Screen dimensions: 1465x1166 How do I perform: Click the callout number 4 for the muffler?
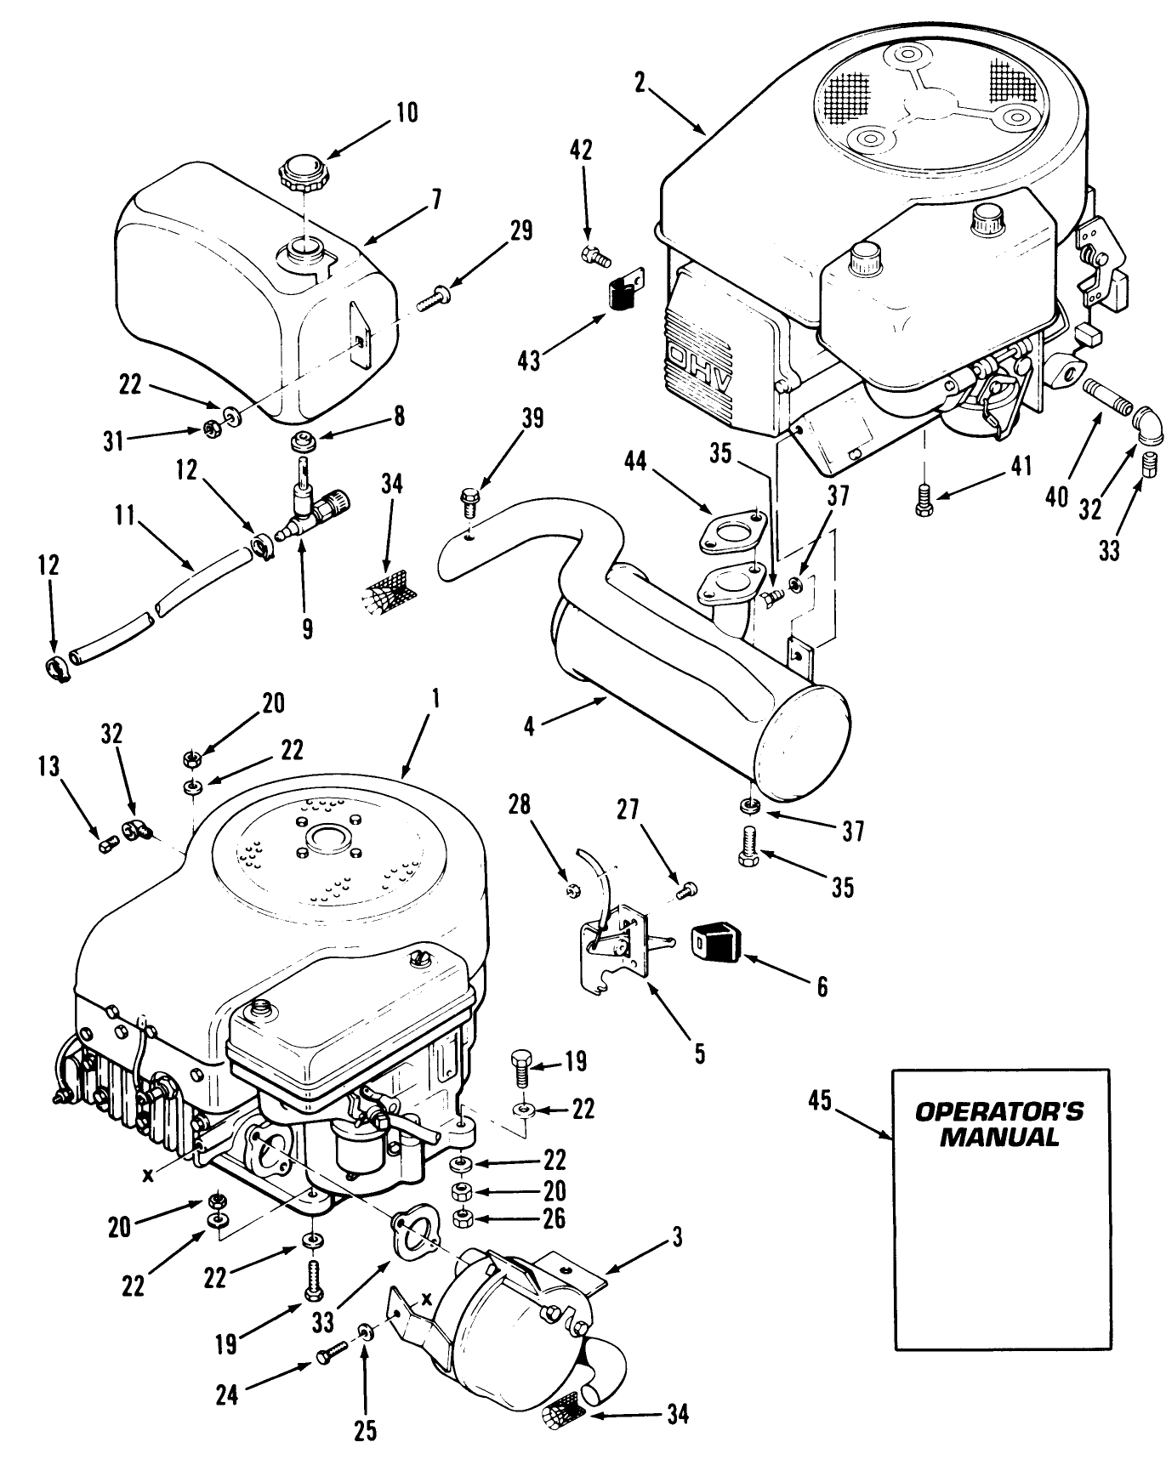[x=529, y=728]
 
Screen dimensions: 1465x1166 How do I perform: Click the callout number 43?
[x=529, y=361]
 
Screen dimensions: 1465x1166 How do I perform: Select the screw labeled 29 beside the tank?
[x=434, y=300]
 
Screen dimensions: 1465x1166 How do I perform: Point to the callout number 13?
[x=49, y=767]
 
